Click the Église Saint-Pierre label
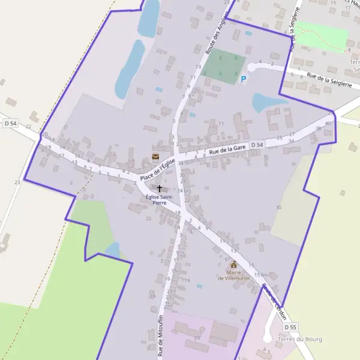point(159,200)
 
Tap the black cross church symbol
point(159,188)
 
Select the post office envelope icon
point(155,157)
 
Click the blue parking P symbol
point(243,79)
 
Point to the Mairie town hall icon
point(233,264)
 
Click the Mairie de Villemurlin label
point(233,275)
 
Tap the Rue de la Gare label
point(227,149)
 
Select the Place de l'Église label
point(157,170)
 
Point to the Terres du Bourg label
point(300,340)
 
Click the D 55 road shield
point(290,327)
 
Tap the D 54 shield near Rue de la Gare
point(257,145)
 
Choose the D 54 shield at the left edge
point(10,123)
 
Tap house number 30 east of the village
point(278,207)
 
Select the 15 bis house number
point(260,274)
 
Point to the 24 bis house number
point(184,191)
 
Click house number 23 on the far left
point(17,182)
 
